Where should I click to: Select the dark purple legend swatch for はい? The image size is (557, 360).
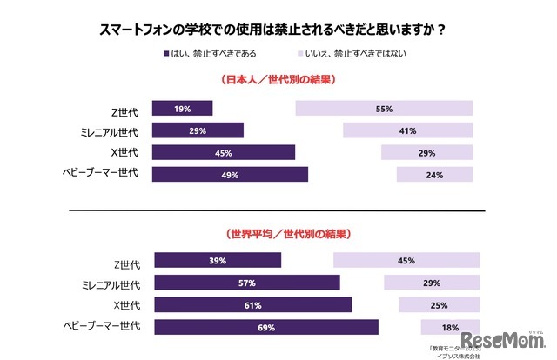coord(167,54)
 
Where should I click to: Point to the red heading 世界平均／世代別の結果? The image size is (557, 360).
coord(279,234)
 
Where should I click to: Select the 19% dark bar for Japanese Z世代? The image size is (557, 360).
coord(182,109)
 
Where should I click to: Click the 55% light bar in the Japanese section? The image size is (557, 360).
coord(384,109)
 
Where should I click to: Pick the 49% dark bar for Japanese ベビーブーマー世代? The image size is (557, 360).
coord(230,174)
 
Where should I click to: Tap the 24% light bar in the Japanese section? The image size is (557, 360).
coord(434,174)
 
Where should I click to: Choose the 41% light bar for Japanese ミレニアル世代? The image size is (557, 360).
coord(407,130)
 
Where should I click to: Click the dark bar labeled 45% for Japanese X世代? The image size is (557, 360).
coord(224,152)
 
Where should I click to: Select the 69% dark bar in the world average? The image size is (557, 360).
coord(266,327)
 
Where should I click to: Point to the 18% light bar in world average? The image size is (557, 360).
coord(450,327)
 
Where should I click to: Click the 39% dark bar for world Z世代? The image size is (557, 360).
coord(218,260)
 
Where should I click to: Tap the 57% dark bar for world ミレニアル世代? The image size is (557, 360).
coord(247,283)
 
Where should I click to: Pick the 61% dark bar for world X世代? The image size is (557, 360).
coord(253,304)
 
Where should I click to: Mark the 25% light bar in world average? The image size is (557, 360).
coord(439,304)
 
